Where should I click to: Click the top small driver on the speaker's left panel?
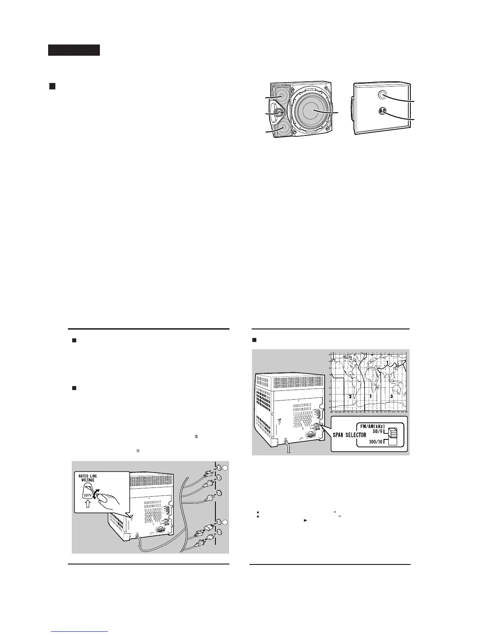point(280,97)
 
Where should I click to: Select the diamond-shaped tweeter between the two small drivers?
point(278,113)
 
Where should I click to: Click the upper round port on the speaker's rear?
point(383,95)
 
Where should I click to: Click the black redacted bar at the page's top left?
point(74,50)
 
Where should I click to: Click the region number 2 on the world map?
point(350,396)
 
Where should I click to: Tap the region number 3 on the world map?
point(391,396)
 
